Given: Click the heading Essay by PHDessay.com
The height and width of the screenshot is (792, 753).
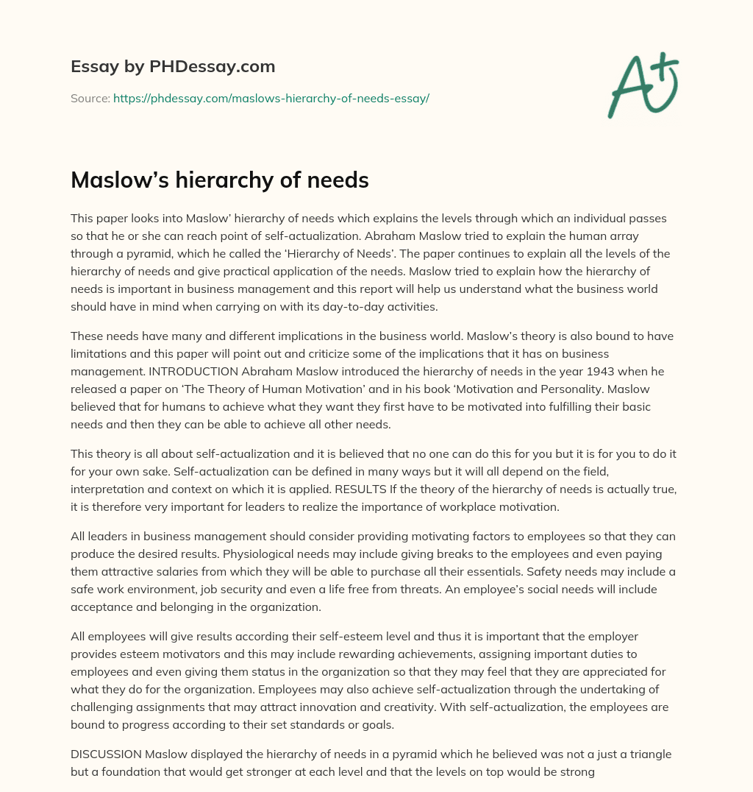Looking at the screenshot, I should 173,67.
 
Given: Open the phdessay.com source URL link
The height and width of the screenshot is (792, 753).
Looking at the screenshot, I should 271,98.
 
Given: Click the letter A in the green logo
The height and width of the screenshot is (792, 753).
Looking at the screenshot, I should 631,87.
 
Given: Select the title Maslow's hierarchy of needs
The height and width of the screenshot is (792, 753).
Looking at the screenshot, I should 219,180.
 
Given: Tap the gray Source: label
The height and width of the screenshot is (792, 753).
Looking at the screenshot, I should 90,98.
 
